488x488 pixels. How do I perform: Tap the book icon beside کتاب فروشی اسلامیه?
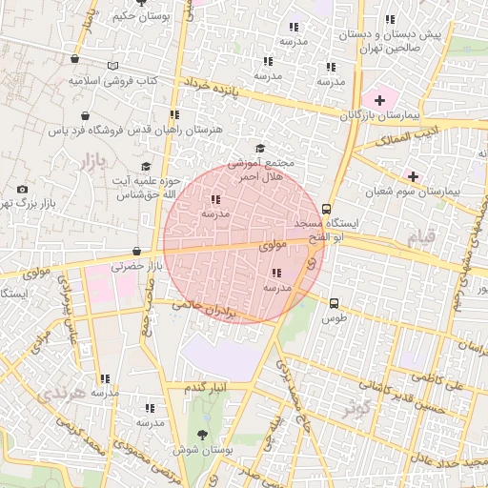point(114,65)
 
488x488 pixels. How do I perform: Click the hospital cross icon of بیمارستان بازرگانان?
point(379,99)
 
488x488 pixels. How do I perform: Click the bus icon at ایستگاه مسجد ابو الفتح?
point(327,209)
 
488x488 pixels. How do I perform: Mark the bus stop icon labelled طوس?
point(333,303)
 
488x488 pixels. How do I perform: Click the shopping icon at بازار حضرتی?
point(136,252)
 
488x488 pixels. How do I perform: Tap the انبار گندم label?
point(207,387)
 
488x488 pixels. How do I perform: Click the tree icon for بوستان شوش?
point(201,435)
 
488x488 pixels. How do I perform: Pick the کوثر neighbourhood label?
point(356,410)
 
